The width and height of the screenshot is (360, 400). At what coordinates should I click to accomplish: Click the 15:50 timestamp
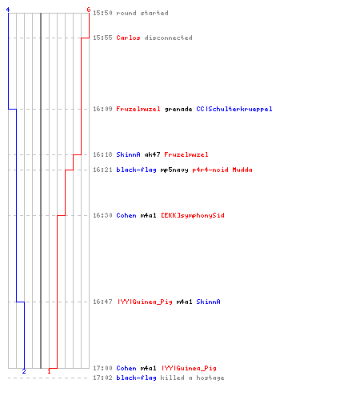pyautogui.click(x=102, y=13)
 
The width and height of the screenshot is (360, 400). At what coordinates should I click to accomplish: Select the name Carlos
pyautogui.click(x=128, y=38)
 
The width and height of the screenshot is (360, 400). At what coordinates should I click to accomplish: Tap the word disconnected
pyautogui.click(x=168, y=38)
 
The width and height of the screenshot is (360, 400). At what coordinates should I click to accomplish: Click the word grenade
pyautogui.click(x=178, y=109)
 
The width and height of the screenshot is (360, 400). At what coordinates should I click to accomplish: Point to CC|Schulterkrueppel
pyautogui.click(x=234, y=109)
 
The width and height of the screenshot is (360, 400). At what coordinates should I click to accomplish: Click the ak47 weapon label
pyautogui.click(x=152, y=154)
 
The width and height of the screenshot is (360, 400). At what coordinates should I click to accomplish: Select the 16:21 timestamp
pyautogui.click(x=102, y=170)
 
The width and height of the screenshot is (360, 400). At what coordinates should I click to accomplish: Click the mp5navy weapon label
pyautogui.click(x=174, y=170)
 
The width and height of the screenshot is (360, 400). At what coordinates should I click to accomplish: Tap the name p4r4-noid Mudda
pyautogui.click(x=222, y=170)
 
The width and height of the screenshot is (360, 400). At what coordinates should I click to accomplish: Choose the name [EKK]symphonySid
pyautogui.click(x=193, y=215)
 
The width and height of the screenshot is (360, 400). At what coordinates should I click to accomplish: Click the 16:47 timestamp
pyautogui.click(x=102, y=302)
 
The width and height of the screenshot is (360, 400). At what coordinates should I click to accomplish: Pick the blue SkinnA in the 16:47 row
pyautogui.click(x=208, y=302)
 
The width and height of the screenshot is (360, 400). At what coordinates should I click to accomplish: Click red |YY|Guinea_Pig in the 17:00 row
pyautogui.click(x=189, y=368)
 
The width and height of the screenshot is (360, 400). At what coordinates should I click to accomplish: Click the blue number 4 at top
pyautogui.click(x=8, y=10)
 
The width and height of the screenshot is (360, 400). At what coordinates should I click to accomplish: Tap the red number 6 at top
pyautogui.click(x=89, y=10)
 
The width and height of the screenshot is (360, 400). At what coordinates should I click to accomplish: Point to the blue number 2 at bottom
pyautogui.click(x=24, y=371)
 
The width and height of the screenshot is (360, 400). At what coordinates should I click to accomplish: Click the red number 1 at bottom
pyautogui.click(x=49, y=371)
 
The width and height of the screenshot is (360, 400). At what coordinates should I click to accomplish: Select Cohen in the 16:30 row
pyautogui.click(x=126, y=215)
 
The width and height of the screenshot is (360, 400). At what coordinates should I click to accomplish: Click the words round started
pyautogui.click(x=142, y=13)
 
